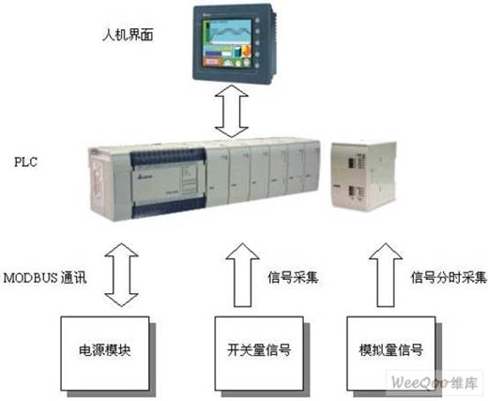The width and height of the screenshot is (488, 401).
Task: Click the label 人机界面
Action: click(x=128, y=35)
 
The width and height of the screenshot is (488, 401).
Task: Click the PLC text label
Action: click(x=26, y=162)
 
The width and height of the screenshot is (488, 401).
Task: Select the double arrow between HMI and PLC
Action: click(x=231, y=111)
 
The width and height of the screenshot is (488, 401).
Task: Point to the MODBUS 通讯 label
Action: click(x=45, y=278)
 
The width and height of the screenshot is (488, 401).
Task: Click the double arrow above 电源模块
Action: click(x=122, y=275)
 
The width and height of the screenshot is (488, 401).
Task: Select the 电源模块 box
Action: click(x=105, y=353)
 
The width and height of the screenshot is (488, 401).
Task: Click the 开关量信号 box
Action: click(x=259, y=353)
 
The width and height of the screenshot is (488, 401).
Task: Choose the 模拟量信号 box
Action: click(x=391, y=353)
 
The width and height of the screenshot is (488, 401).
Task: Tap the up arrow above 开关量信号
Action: click(x=243, y=275)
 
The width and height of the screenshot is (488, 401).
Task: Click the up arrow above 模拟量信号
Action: click(x=386, y=275)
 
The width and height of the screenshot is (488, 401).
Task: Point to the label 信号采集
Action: click(x=293, y=277)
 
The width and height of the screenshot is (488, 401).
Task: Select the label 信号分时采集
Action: click(x=448, y=277)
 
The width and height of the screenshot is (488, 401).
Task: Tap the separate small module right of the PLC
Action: click(x=364, y=176)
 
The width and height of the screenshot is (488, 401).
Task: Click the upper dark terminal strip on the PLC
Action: click(x=169, y=157)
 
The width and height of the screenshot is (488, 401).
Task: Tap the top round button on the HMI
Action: click(x=258, y=20)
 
